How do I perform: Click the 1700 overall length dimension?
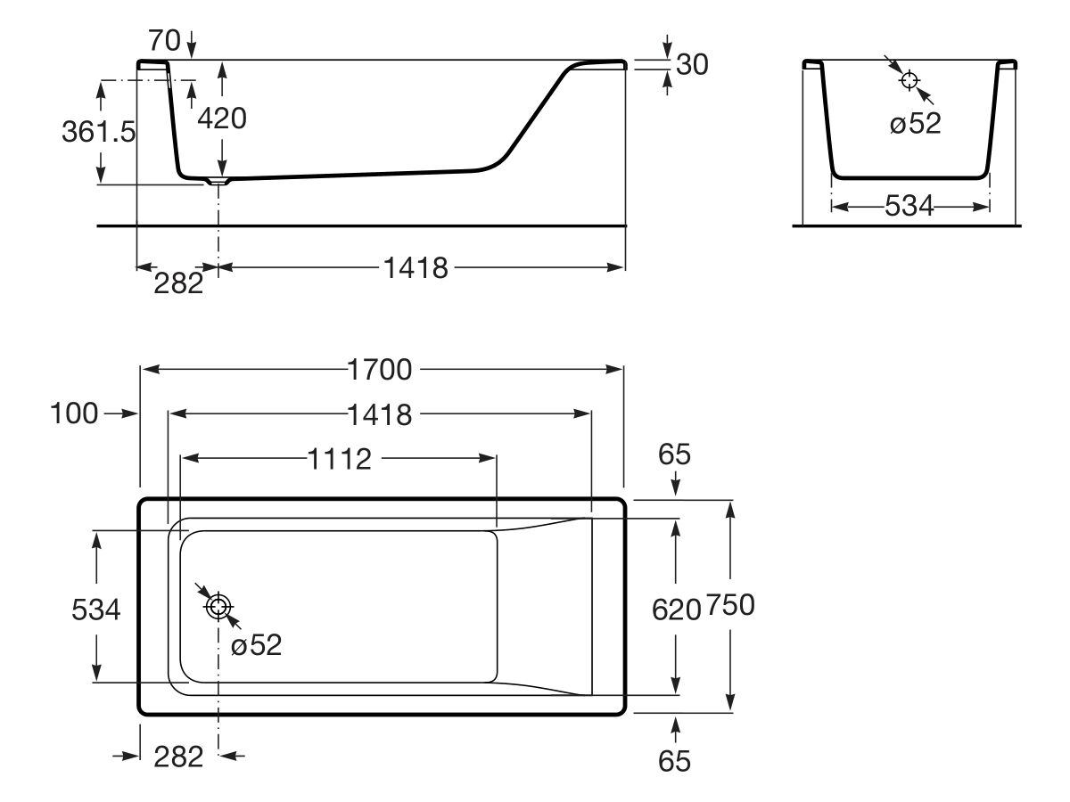tap(380, 370)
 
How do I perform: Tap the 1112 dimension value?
tap(340, 459)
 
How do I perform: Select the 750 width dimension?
tap(730, 605)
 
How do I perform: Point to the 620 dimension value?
tap(676, 610)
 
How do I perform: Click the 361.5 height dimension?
tap(98, 132)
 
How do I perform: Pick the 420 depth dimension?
tap(222, 119)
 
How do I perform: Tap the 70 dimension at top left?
tap(164, 40)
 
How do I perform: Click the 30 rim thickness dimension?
tap(692, 64)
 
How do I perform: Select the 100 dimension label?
tap(74, 413)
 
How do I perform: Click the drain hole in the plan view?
tap(218, 607)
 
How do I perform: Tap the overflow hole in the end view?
tap(909, 80)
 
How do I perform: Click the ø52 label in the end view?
tap(915, 123)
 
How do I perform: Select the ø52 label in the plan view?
tap(256, 644)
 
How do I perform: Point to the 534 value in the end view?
tap(909, 206)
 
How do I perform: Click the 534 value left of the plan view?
tap(96, 610)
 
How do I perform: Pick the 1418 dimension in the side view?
tap(416, 268)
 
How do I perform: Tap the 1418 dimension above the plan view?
tap(380, 415)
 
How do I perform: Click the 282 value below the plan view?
tap(178, 757)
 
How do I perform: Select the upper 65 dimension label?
tap(675, 454)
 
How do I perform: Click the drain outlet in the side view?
tap(218, 182)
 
